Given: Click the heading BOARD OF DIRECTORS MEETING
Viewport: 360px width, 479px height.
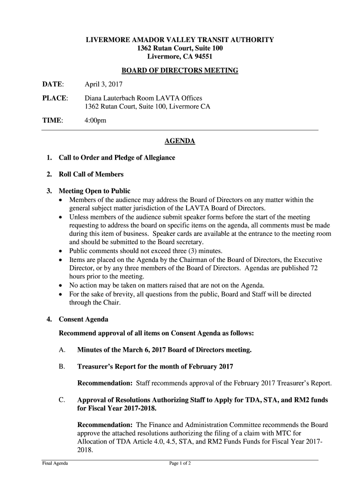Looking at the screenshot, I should pyautogui.click(x=180, y=71).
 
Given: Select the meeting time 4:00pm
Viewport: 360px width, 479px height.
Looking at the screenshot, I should pyautogui.click(x=95, y=120).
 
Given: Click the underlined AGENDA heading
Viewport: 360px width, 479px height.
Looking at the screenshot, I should pyautogui.click(x=180, y=141).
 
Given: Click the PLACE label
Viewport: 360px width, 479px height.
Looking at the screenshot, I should pyautogui.click(x=55, y=98).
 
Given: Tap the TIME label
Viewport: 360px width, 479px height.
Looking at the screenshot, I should pyautogui.click(x=52, y=120).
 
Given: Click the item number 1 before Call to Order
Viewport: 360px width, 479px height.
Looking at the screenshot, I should pyautogui.click(x=49, y=158).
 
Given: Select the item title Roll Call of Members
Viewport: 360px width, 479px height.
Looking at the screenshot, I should pyautogui.click(x=91, y=174).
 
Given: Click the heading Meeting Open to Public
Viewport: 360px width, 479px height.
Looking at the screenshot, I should pyautogui.click(x=94, y=191).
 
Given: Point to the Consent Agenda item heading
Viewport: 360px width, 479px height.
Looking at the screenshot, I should pyautogui.click(x=83, y=319).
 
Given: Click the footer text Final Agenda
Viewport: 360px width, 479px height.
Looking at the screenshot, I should pyautogui.click(x=55, y=464).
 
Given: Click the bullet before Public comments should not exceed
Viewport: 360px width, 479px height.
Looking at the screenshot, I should pyautogui.click(x=62, y=251).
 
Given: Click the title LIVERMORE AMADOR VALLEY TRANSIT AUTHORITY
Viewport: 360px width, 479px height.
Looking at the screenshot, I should pyautogui.click(x=180, y=40).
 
